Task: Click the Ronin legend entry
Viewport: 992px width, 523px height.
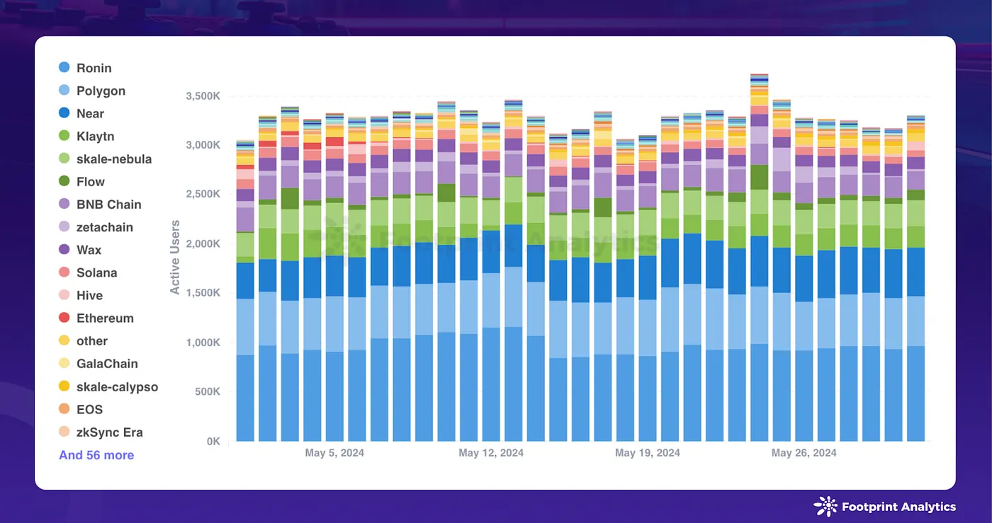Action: click(94, 68)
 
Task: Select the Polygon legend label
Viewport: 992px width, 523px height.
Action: click(101, 91)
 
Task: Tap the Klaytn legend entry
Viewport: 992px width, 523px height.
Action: click(95, 136)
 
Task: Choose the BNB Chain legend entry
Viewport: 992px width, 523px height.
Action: click(108, 205)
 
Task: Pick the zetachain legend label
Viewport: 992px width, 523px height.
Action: click(104, 227)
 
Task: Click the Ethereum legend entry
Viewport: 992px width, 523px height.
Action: click(105, 318)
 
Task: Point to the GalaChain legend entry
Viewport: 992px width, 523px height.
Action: click(107, 364)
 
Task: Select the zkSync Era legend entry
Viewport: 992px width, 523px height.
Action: click(109, 432)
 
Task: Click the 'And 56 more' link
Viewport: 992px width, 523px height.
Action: click(96, 455)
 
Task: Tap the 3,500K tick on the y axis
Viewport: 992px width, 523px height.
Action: click(204, 96)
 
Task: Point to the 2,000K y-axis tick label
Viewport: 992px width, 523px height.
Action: click(204, 243)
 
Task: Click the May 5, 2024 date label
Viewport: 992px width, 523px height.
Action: click(334, 453)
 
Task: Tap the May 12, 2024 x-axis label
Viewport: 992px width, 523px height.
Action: click(491, 453)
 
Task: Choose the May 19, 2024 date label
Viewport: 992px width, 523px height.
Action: click(648, 453)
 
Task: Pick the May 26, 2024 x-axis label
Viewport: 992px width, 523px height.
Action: click(804, 453)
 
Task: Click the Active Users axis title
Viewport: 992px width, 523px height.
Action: click(175, 257)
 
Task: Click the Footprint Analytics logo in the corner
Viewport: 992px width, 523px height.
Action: click(885, 507)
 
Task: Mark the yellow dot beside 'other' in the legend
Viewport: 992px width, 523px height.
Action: click(64, 340)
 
